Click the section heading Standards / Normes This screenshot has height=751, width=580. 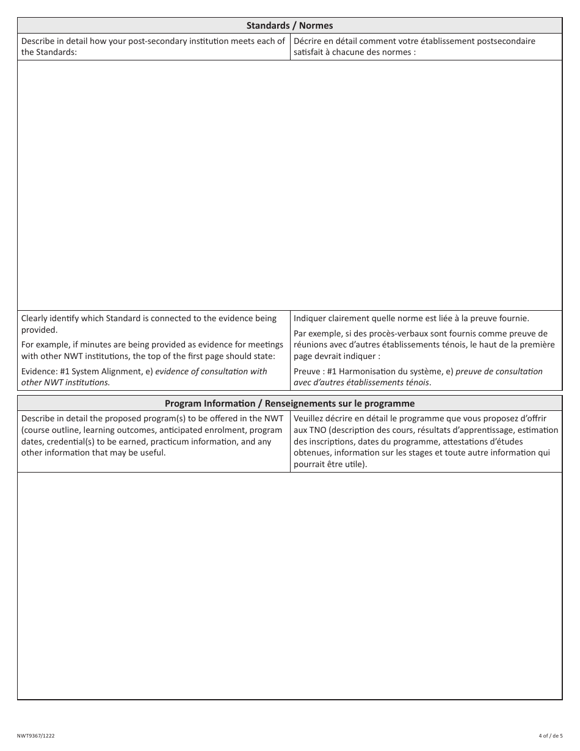289,26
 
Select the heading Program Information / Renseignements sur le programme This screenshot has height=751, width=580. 289,404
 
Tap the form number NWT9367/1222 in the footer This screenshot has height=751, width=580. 36,736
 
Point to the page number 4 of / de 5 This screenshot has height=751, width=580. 551,736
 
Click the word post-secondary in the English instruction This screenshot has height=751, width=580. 148,42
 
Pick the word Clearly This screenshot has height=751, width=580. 36,318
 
